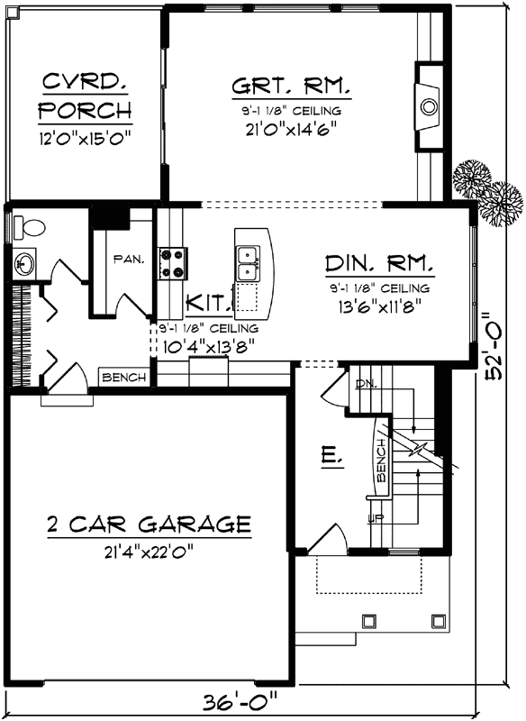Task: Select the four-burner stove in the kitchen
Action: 173,261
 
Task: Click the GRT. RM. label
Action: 291,87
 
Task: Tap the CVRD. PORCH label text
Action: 86,97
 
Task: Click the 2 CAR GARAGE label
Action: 148,523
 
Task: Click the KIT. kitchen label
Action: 207,301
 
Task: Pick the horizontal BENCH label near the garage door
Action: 123,378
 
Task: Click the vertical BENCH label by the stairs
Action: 381,461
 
